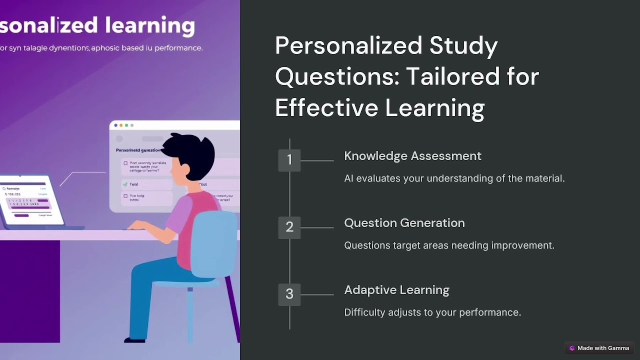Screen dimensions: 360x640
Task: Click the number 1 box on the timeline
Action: pyautogui.click(x=289, y=160)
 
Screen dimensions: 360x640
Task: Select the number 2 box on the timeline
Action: pyautogui.click(x=289, y=227)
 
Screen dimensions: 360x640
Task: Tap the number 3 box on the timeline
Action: pyautogui.click(x=289, y=294)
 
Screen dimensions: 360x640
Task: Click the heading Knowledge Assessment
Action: pyautogui.click(x=412, y=156)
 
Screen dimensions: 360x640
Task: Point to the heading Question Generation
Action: pyautogui.click(x=404, y=223)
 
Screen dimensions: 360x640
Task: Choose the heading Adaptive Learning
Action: pyautogui.click(x=396, y=290)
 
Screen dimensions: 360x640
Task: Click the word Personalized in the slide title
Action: pyautogui.click(x=348, y=45)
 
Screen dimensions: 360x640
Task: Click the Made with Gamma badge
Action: pyautogui.click(x=599, y=348)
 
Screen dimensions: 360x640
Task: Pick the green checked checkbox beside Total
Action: pyautogui.click(x=125, y=184)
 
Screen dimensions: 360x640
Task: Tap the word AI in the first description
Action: pyautogui.click(x=348, y=178)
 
